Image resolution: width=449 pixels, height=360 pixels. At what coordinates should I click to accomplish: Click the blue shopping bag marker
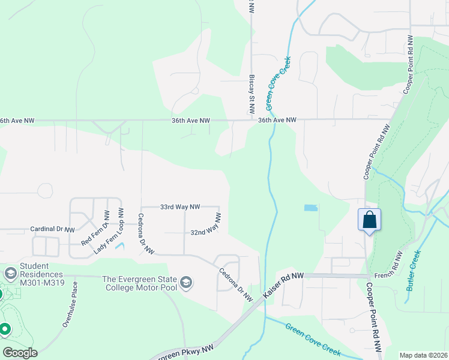tap(369, 220)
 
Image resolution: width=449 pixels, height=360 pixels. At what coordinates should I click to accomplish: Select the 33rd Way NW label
tap(179, 206)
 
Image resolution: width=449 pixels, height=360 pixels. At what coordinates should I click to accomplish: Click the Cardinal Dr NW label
tap(53, 230)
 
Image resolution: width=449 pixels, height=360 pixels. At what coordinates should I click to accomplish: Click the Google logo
tap(20, 352)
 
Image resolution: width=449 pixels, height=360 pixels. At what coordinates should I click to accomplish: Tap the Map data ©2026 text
tap(423, 355)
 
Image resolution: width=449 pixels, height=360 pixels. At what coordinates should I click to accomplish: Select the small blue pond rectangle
tap(310, 208)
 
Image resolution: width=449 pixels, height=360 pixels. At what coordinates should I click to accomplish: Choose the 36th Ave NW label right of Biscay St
tap(277, 120)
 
